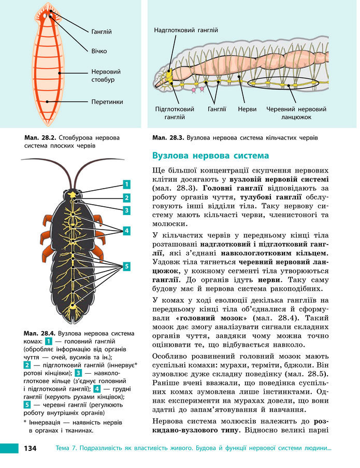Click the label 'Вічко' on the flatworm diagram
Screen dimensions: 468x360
point(99,51)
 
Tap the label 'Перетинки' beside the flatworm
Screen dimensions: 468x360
point(107,102)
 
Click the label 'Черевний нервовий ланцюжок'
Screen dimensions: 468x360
point(296,114)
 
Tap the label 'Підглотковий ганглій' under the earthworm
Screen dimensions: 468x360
point(175,114)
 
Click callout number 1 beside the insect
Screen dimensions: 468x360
point(127,184)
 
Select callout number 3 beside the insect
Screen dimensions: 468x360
point(127,210)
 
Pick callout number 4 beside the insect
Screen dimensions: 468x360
point(127,231)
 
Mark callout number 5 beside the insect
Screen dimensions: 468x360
point(127,266)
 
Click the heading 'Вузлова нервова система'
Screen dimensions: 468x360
point(211,155)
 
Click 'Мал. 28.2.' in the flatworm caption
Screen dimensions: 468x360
point(40,138)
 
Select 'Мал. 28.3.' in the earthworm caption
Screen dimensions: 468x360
point(168,138)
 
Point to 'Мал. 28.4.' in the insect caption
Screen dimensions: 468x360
point(40,333)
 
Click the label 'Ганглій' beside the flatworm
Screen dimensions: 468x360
point(101,32)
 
